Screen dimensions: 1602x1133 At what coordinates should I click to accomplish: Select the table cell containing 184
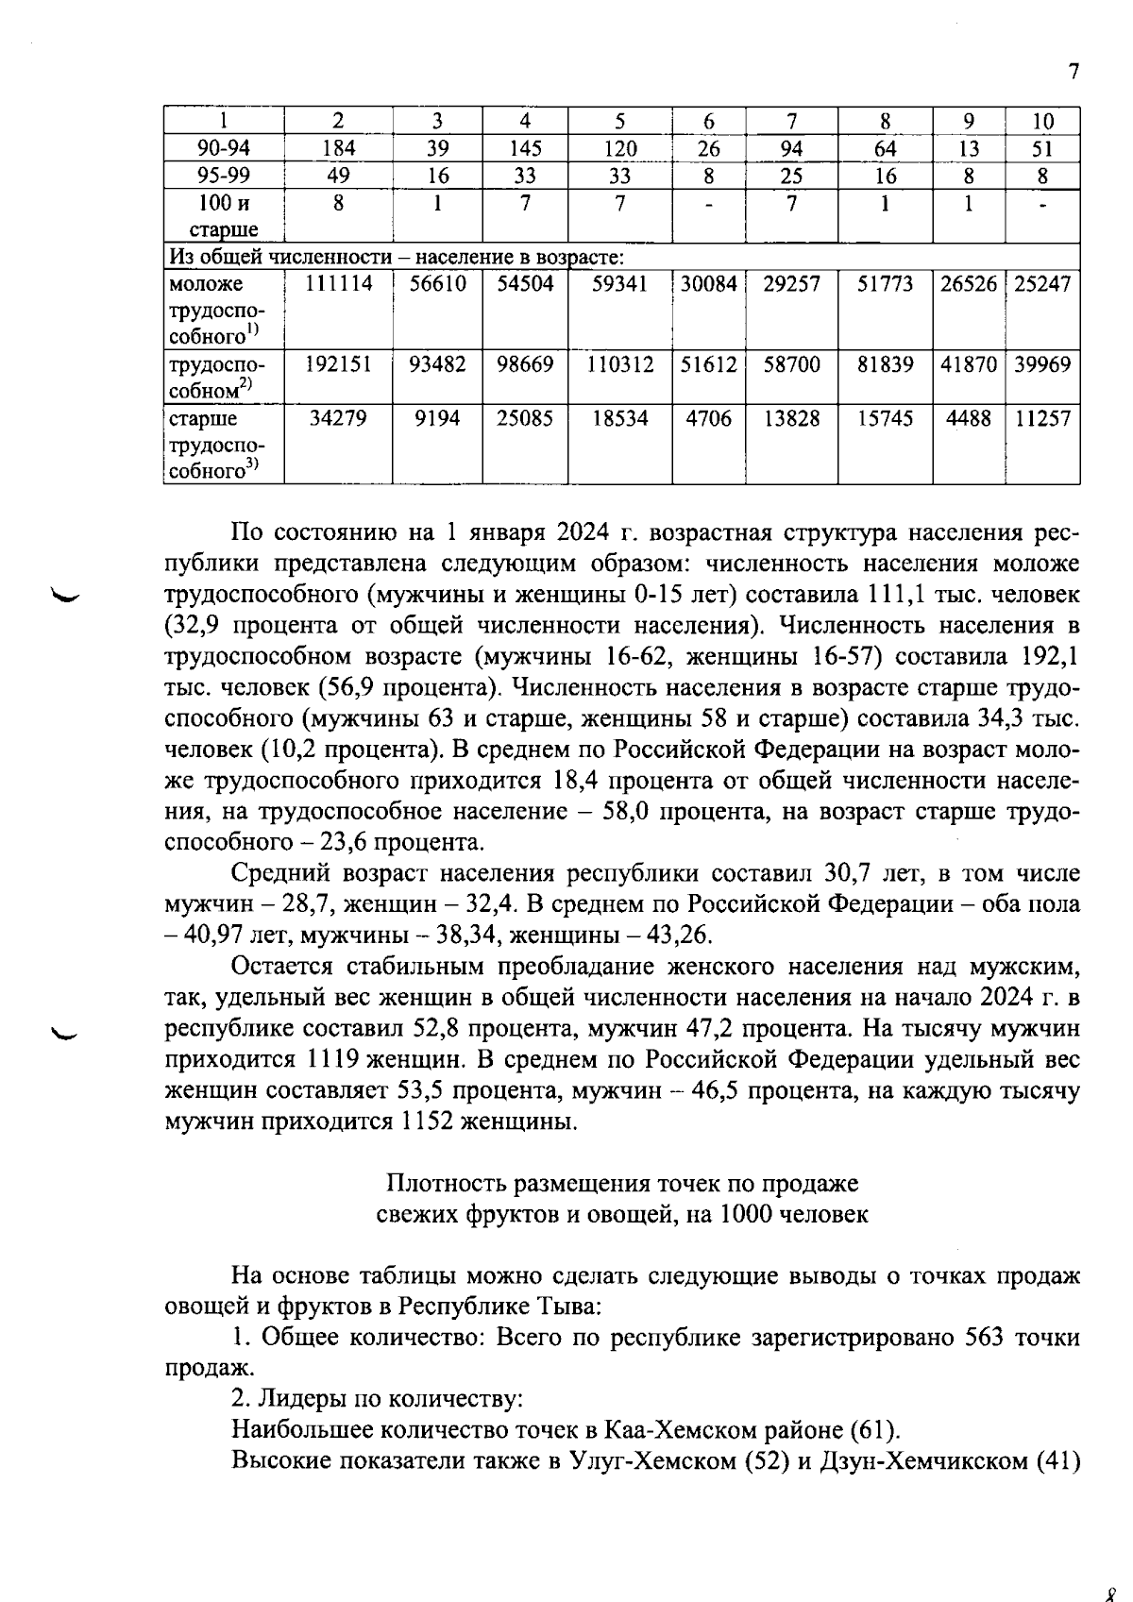pos(337,148)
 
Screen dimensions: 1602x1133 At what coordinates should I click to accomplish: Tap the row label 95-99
pos(224,176)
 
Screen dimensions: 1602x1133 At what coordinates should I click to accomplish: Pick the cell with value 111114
pos(337,284)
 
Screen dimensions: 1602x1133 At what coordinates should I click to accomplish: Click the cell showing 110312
pos(619,365)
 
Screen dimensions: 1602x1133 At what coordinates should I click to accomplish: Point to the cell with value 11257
pos(1042,419)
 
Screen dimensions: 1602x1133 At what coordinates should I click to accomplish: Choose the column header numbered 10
pos(1042,121)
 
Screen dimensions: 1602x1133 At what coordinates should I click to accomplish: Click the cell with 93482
pos(437,365)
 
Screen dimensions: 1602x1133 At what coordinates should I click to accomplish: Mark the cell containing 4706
pos(708,419)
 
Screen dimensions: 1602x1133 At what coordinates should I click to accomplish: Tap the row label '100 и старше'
pos(224,216)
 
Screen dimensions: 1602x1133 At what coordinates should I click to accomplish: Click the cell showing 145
pos(525,148)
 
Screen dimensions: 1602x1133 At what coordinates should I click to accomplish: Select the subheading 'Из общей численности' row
pos(397,257)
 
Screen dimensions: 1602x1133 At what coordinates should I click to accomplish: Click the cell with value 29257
pos(791,284)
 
